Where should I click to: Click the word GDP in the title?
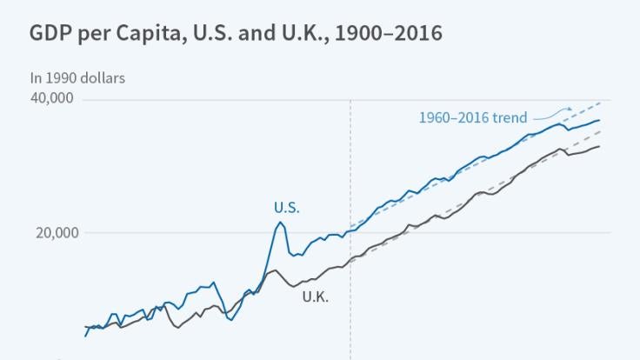50,34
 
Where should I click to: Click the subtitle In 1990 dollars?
77,78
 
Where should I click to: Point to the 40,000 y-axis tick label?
51,98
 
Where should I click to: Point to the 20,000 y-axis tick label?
52,232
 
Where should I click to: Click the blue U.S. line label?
286,207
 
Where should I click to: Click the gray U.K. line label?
315,297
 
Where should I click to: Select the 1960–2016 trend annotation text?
473,117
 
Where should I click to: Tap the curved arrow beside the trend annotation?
553,113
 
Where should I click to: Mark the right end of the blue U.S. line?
599,120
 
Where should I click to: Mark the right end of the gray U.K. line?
599,146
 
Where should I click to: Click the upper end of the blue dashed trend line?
600,103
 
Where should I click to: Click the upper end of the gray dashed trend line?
600,131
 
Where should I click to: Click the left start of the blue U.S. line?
85,335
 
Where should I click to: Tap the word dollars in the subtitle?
103,78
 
